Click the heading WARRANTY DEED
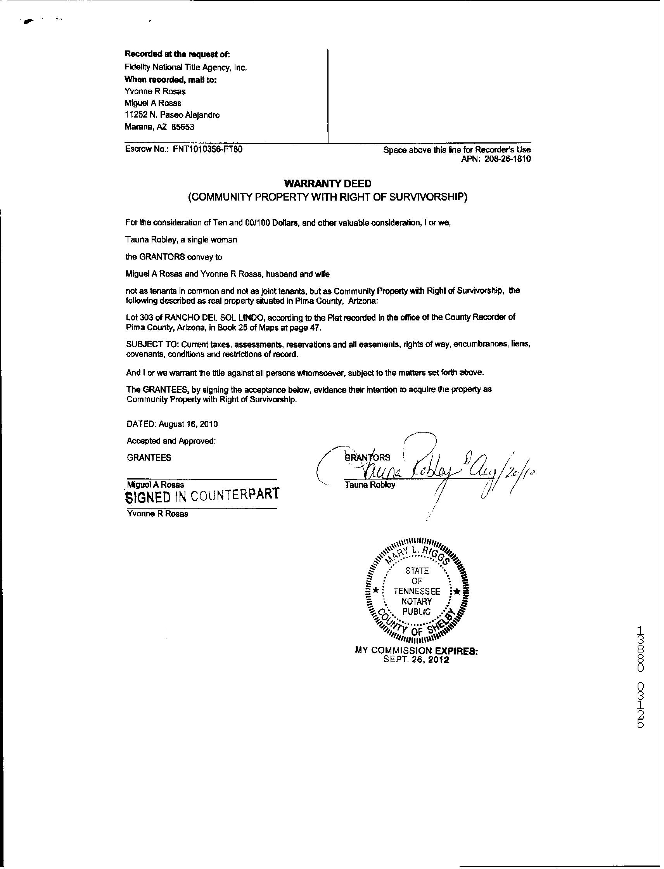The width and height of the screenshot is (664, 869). pos(328,183)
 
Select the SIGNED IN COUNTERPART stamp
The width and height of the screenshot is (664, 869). pos(202,496)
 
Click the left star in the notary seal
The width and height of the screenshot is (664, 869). pos(376,591)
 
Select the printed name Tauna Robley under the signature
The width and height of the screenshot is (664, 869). pos(370,485)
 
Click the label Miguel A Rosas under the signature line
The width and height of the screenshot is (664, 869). pos(155,484)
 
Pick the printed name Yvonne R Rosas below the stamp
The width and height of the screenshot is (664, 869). pos(157,514)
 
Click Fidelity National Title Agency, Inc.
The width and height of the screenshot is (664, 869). pos(186,68)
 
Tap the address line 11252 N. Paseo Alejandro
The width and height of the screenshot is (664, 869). pos(172,115)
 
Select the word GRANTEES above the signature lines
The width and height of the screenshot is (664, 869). pos(149,458)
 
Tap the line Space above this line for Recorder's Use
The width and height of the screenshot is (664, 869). pos(457,150)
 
